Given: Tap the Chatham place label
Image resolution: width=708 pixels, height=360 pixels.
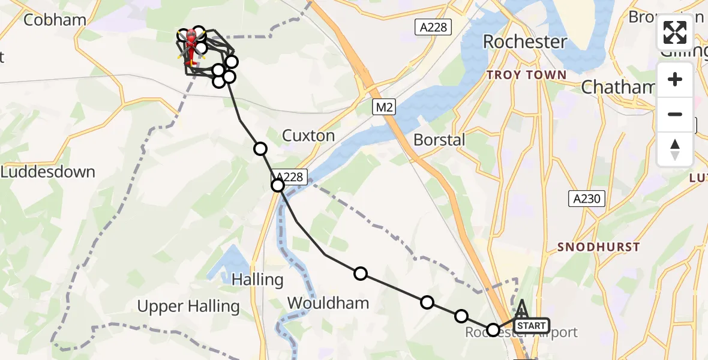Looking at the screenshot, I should pyautogui.click(x=618, y=87).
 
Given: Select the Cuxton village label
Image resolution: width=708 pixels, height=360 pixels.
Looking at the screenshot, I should pyautogui.click(x=308, y=136).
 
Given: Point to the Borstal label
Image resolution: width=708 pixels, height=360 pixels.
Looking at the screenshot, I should pyautogui.click(x=439, y=140).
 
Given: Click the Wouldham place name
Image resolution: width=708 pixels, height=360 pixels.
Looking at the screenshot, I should pyautogui.click(x=328, y=303).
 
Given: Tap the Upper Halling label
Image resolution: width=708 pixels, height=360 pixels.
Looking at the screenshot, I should pyautogui.click(x=188, y=307).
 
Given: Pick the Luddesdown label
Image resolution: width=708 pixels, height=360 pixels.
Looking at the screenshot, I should pyautogui.click(x=48, y=172).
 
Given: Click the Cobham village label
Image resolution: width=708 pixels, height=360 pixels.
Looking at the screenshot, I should pyautogui.click(x=55, y=20).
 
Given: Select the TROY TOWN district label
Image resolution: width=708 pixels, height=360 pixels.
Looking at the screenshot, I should pyautogui.click(x=526, y=75).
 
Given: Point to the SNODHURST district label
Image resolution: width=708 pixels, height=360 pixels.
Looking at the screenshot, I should pyautogui.click(x=598, y=247).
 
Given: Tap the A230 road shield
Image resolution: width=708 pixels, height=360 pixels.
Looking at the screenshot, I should pyautogui.click(x=586, y=199).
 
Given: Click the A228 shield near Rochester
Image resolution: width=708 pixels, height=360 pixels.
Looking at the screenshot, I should pyautogui.click(x=433, y=26).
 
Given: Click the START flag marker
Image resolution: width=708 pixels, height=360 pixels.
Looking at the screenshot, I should pyautogui.click(x=531, y=326).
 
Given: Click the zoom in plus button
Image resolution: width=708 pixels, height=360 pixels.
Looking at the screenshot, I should pyautogui.click(x=675, y=79).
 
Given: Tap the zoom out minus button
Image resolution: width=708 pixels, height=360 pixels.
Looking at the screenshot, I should pyautogui.click(x=675, y=114).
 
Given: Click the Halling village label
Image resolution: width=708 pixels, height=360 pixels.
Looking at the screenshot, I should pyautogui.click(x=257, y=279).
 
